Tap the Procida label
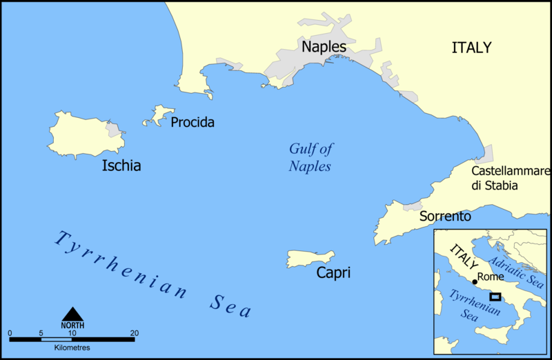pyautogui.click(x=193, y=123)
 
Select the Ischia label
pyautogui.click(x=121, y=166)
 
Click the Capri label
pyautogui.click(x=333, y=273)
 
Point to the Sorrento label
pyautogui.click(x=445, y=217)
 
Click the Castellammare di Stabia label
pyautogui.click(x=511, y=179)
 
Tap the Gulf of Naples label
pyautogui.click(x=310, y=157)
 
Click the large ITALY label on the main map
pyautogui.click(x=471, y=48)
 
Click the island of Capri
pyautogui.click(x=309, y=259)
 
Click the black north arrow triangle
pyautogui.click(x=72, y=314)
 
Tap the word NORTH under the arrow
pyautogui.click(x=72, y=326)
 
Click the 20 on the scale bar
pyautogui.click(x=135, y=333)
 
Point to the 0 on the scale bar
pyautogui.click(x=10, y=333)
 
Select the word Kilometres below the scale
pyautogui.click(x=72, y=348)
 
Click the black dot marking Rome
pyautogui.click(x=475, y=282)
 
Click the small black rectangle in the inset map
pyautogui.click(x=495, y=297)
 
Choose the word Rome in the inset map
pyautogui.click(x=491, y=277)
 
